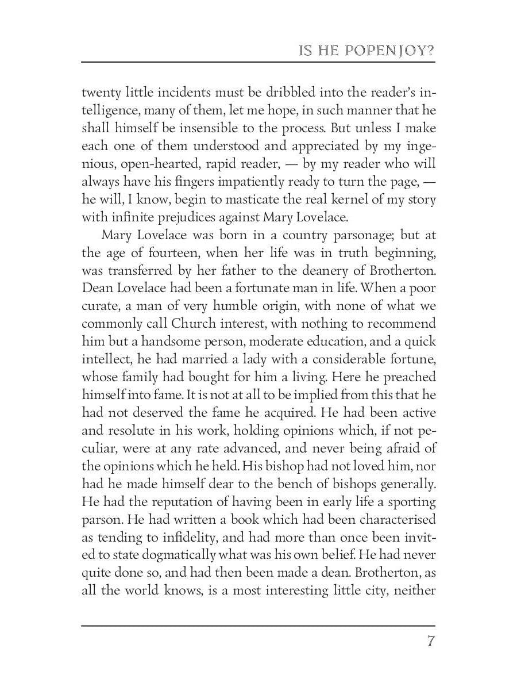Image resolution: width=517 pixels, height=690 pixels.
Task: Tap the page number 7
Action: click(430, 642)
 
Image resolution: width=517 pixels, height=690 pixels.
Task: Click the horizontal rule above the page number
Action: click(258, 626)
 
